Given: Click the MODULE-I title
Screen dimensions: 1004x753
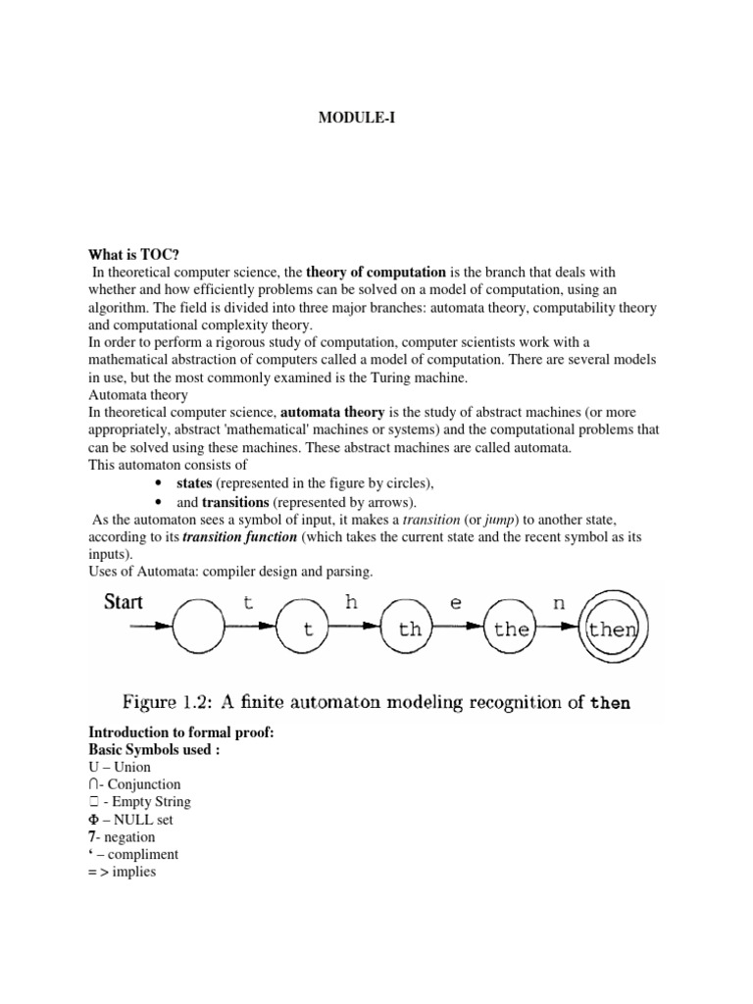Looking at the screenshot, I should [x=358, y=119].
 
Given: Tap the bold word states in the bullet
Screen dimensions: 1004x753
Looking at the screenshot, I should [x=194, y=483].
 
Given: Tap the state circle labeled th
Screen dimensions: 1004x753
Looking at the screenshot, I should [x=409, y=629].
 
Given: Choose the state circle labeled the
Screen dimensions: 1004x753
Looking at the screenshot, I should [x=511, y=629].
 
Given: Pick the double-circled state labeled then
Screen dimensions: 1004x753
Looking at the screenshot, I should [x=612, y=629].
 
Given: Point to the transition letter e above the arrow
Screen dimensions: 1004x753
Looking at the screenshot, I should [x=455, y=604].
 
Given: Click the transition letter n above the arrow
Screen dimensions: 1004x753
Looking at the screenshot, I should [x=559, y=604].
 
